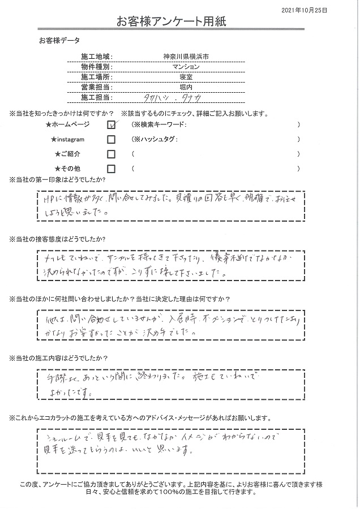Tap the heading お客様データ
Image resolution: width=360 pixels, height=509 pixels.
[59, 41]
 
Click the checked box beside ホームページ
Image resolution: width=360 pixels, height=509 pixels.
[112, 124]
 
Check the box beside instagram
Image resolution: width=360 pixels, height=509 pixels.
[112, 139]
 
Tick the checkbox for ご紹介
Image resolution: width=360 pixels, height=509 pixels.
[112, 154]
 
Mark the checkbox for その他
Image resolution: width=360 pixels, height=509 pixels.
[112, 169]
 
